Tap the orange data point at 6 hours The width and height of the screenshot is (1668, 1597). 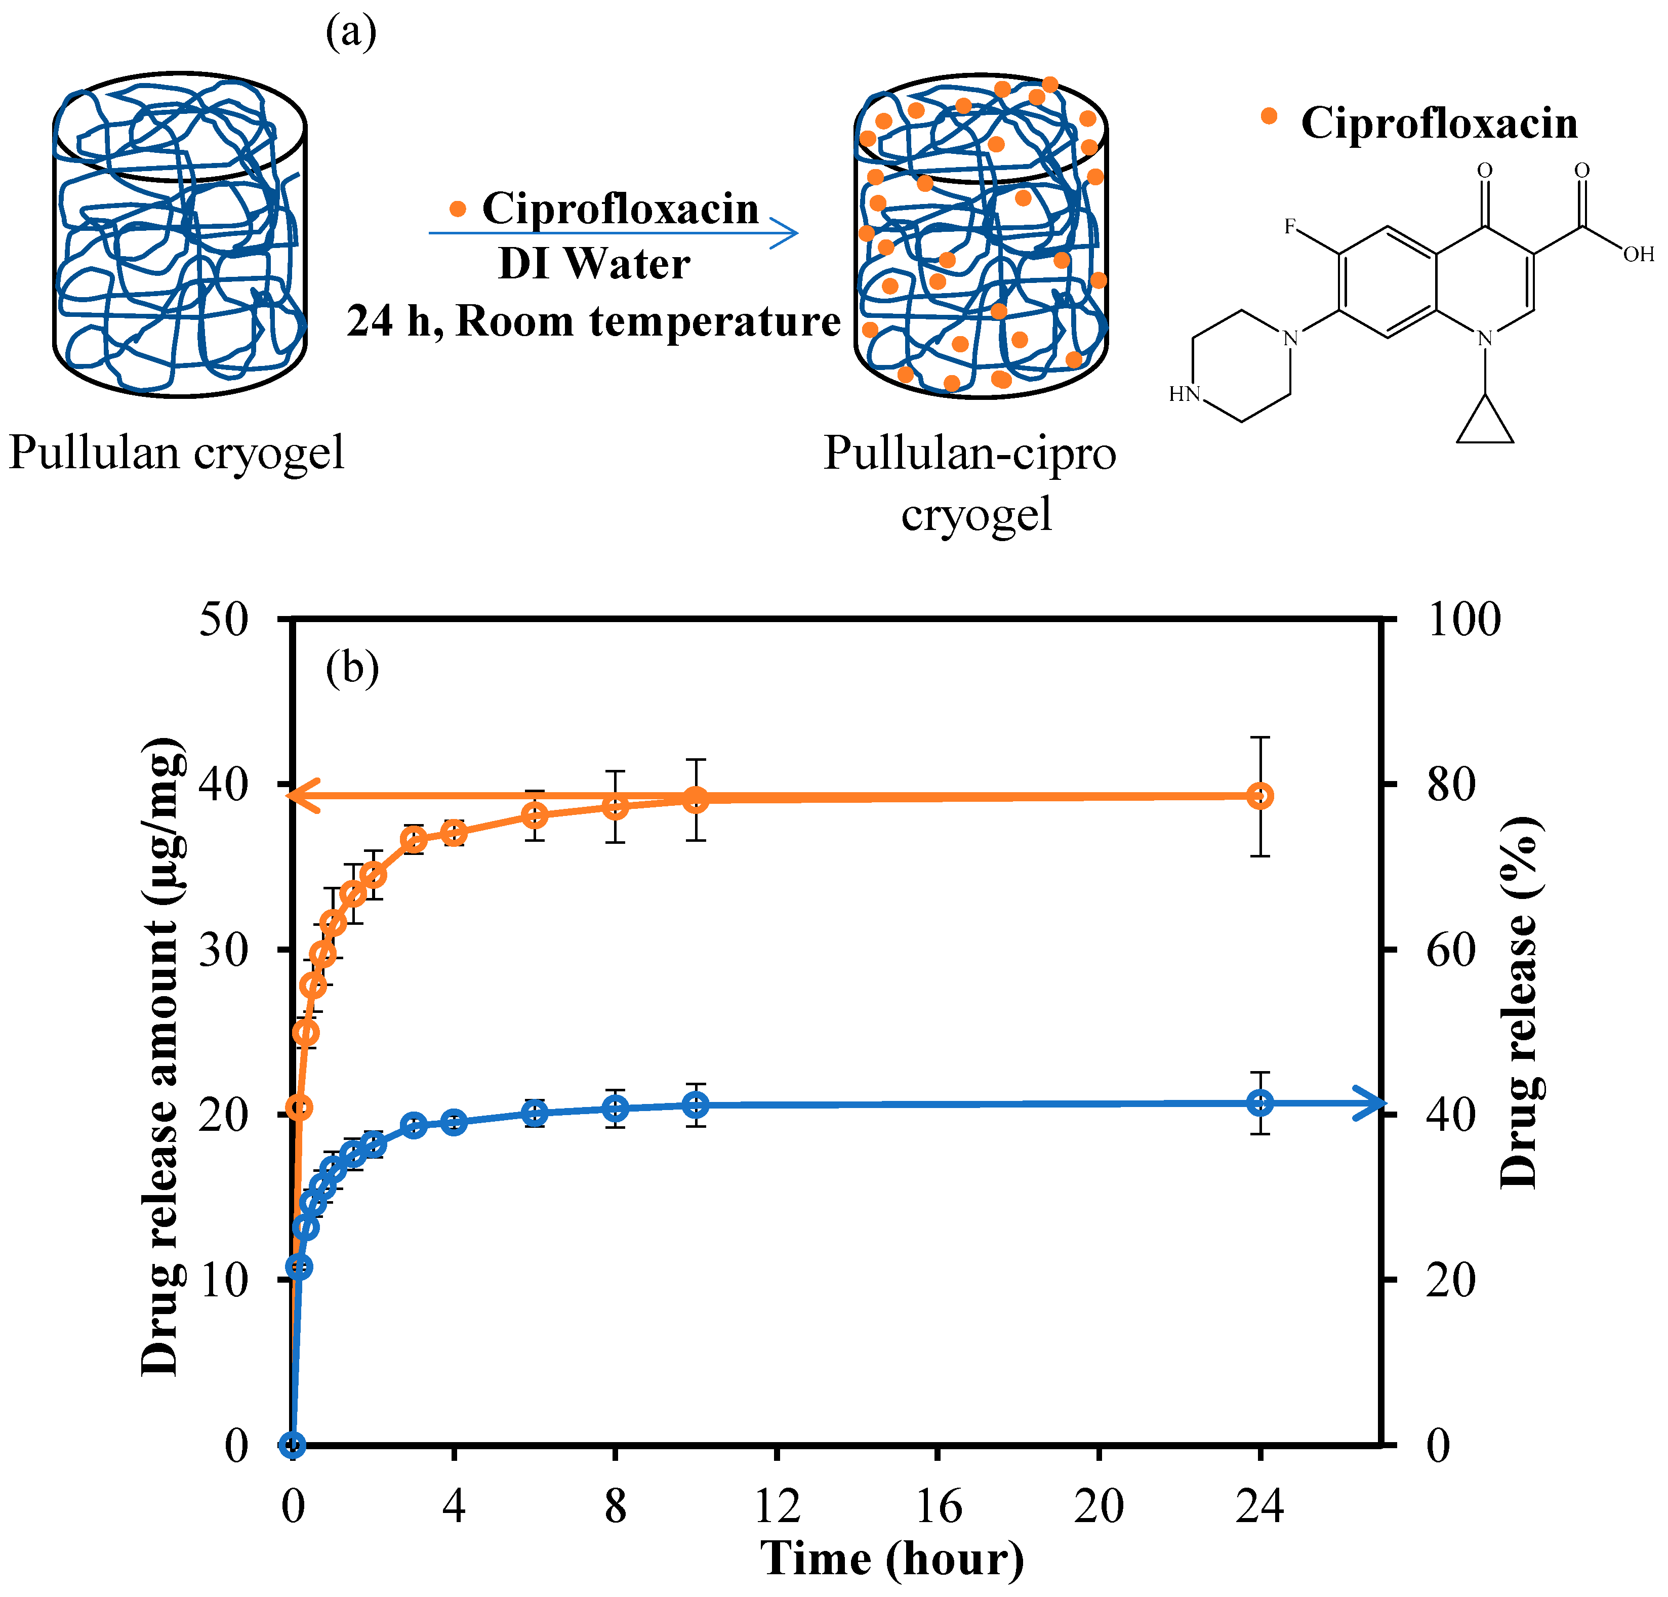point(535,815)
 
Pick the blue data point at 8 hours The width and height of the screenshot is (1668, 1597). point(615,1108)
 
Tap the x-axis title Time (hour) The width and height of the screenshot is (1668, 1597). point(892,1559)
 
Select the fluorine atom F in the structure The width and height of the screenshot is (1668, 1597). point(1290,226)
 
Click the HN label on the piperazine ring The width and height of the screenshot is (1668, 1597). point(1184,393)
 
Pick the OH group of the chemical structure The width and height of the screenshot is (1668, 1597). point(1638,254)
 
